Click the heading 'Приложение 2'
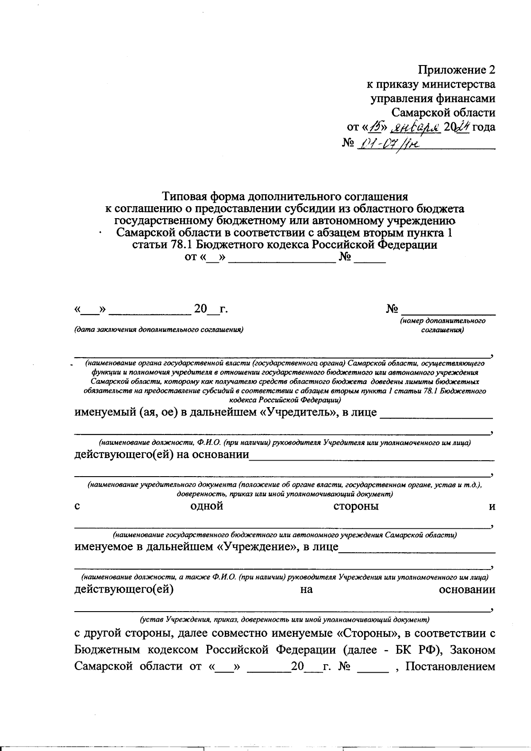[457, 70]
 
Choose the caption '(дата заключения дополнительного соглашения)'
[159, 330]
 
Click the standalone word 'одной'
[206, 506]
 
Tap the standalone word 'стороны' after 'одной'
[356, 506]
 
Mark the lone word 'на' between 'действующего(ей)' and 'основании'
[306, 589]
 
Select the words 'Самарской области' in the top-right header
[443, 112]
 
